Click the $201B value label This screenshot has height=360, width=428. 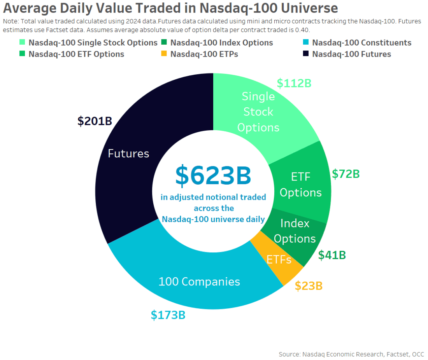click(x=95, y=121)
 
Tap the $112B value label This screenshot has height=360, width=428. click(x=294, y=83)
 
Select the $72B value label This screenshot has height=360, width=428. click(x=346, y=174)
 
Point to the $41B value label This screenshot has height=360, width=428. click(x=332, y=255)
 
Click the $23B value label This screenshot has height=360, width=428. click(x=309, y=286)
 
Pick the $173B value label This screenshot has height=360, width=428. click(x=168, y=315)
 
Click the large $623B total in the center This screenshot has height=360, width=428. click(x=213, y=175)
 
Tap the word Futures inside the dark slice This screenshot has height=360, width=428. click(x=128, y=154)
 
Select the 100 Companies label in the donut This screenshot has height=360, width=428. click(x=199, y=281)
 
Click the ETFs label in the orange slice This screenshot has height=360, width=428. click(x=279, y=259)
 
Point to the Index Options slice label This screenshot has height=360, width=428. click(x=295, y=231)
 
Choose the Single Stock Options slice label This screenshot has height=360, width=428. click(x=258, y=112)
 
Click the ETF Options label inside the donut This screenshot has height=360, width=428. click(x=300, y=185)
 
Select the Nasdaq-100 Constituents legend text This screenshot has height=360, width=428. click(x=361, y=43)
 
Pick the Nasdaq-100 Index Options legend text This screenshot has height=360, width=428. click(x=221, y=43)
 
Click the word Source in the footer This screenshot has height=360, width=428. click(x=288, y=354)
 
